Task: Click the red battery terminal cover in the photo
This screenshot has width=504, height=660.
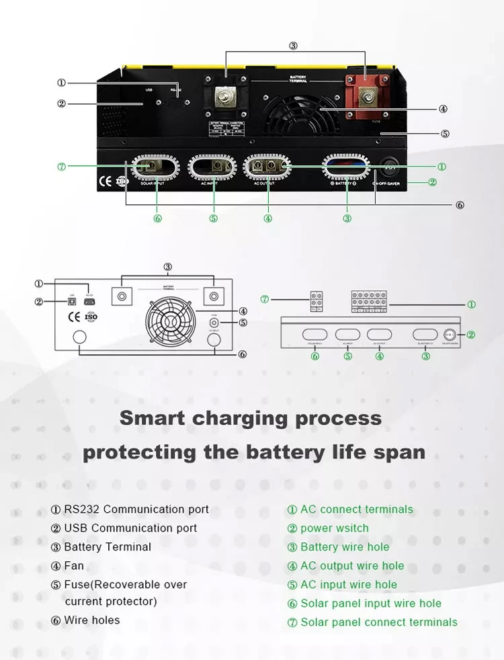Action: click(x=366, y=95)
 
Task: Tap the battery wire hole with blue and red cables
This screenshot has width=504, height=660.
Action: click(x=347, y=167)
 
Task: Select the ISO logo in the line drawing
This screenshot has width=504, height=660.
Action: click(x=91, y=317)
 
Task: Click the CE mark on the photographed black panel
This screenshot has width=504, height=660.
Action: click(x=106, y=180)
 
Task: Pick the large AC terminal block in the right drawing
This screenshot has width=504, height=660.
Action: click(x=369, y=302)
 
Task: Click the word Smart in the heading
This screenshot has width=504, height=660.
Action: click(x=153, y=418)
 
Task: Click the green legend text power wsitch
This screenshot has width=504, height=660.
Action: click(x=334, y=528)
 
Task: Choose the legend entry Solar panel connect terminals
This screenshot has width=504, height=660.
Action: click(x=378, y=622)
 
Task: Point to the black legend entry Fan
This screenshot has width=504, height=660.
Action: click(x=74, y=566)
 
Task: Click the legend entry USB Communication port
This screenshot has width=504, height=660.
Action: click(x=130, y=528)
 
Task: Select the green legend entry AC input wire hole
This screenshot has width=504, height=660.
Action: click(x=348, y=585)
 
